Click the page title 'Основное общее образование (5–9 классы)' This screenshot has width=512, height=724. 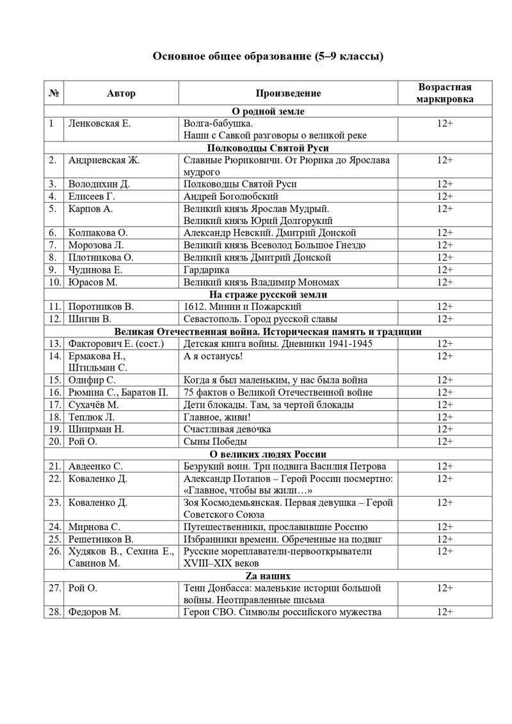268,56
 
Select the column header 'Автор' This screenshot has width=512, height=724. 121,93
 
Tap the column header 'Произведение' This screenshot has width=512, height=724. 288,93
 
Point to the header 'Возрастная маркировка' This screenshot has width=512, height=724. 444,93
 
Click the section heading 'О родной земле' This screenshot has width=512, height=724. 268,111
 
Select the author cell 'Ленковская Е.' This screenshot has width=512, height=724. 99,124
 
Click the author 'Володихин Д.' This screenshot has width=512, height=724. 99,184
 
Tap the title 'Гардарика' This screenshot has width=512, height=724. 206,270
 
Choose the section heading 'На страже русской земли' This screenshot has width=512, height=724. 268,294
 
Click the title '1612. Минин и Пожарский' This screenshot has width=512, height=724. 233,307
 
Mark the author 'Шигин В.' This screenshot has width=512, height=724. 90,319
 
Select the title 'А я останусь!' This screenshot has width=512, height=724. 213,356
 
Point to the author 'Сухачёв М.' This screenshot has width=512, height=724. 93,405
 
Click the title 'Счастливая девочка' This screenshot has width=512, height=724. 227,429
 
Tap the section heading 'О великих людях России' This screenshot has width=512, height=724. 268,454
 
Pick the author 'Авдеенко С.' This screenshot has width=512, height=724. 95,466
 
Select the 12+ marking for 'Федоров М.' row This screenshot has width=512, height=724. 444,612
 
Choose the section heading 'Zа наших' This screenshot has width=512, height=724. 268,575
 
